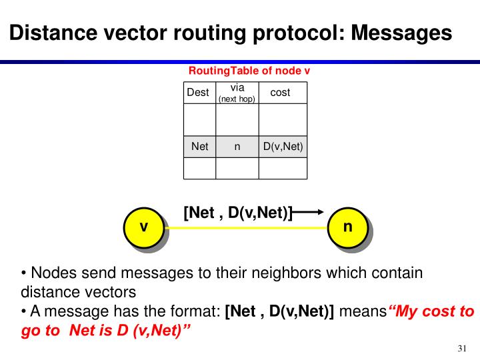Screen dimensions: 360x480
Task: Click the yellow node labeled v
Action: tap(143, 228)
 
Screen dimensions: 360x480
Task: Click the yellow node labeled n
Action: tap(347, 228)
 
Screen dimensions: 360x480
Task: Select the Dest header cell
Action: tap(199, 93)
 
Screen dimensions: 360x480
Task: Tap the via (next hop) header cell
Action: tap(237, 93)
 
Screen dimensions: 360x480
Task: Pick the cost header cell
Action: tap(280, 93)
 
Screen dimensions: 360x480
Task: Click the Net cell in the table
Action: tap(199, 147)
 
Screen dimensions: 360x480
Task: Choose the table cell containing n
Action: tap(237, 147)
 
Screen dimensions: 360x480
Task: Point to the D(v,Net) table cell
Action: tap(283, 147)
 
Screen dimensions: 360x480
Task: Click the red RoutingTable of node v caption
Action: tap(249, 71)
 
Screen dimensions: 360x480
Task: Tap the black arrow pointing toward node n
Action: tap(309, 213)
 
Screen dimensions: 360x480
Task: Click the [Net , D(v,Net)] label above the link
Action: tap(238, 213)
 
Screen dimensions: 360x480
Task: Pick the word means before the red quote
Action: tap(363, 311)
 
